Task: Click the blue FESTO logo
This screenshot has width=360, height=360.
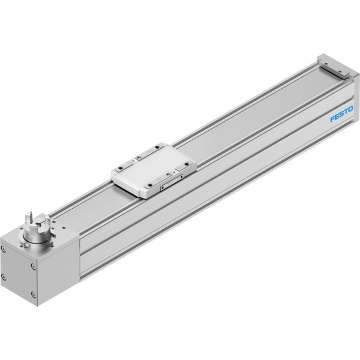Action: (341, 114)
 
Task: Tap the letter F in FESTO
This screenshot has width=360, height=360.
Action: (333, 119)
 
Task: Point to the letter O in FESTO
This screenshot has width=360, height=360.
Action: (350, 109)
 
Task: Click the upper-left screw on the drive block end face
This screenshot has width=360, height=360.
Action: (3, 248)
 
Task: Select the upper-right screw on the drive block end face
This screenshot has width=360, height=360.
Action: (33, 266)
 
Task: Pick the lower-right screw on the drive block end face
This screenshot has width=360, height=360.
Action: (34, 295)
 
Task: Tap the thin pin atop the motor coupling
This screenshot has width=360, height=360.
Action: (29, 217)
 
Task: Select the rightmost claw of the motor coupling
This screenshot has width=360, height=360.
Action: (47, 220)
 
